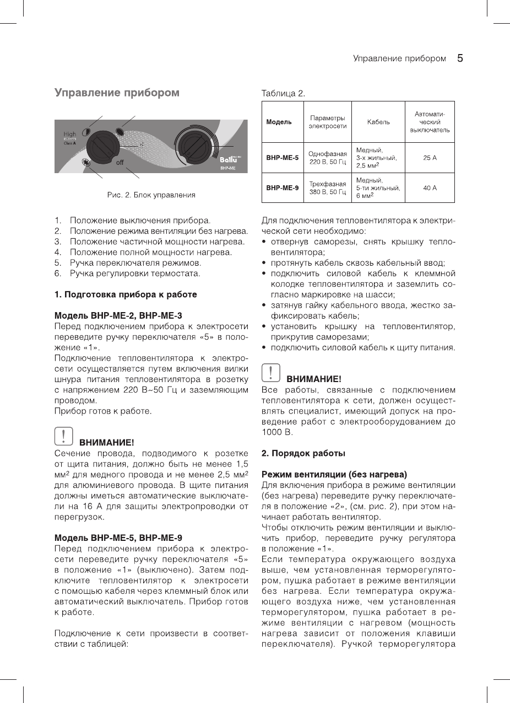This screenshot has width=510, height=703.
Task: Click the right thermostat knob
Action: click(x=194, y=146)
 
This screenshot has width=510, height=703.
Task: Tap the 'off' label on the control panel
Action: click(x=120, y=163)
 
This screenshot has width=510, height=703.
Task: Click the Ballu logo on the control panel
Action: click(x=227, y=160)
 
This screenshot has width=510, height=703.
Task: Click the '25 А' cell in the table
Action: click(x=430, y=158)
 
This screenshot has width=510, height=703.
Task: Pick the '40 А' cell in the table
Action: click(x=430, y=188)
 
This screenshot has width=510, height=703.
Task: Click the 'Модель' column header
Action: click(x=279, y=122)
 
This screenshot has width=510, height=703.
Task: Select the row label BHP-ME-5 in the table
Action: click(x=282, y=158)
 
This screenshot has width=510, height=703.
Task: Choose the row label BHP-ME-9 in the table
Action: click(x=282, y=188)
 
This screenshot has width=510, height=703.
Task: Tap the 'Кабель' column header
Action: click(x=378, y=122)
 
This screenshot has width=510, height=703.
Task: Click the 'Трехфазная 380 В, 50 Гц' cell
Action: click(x=327, y=188)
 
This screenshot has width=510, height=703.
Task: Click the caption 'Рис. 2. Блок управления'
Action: click(x=151, y=195)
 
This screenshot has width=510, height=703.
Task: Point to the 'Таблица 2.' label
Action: click(x=283, y=93)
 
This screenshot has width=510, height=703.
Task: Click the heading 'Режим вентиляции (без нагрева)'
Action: click(x=334, y=474)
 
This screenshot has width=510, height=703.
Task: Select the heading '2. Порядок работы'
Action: click(x=303, y=453)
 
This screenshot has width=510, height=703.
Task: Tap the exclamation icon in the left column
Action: click(x=64, y=436)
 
